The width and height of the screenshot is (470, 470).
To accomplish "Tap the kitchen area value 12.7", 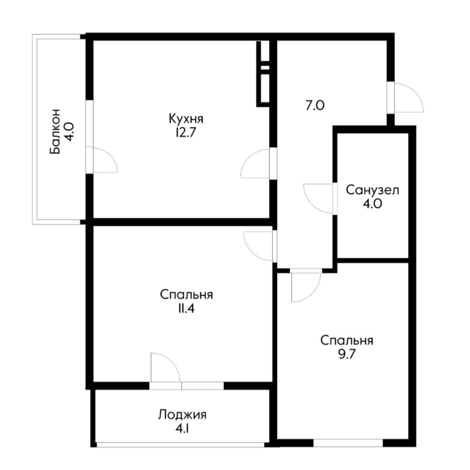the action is (x=186, y=133).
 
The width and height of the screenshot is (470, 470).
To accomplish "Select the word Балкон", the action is (x=55, y=132).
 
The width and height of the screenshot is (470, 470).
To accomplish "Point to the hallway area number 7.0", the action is (x=315, y=106).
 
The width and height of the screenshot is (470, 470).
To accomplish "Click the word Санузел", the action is (x=372, y=190).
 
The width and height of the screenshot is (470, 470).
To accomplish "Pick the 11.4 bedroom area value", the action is (x=186, y=309).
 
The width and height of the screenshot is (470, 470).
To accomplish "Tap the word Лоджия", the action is (x=182, y=415).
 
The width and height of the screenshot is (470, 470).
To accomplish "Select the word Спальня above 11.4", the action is (x=186, y=295).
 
